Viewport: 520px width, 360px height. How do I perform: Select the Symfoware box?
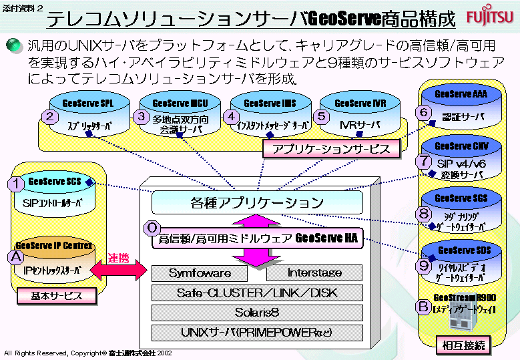coord(200,273)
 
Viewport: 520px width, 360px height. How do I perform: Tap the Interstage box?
coord(314,273)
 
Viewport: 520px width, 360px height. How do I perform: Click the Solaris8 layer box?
coord(256,313)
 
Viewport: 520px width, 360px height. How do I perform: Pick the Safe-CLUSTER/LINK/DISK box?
coord(256,293)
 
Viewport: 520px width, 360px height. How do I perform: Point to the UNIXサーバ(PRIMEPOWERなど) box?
coord(256,332)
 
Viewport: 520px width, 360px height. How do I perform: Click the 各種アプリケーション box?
coord(257,202)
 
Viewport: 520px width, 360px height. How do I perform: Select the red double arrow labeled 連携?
coord(117,270)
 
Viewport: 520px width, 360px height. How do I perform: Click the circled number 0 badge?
coord(152,228)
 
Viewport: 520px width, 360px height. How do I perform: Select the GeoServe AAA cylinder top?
coord(461,95)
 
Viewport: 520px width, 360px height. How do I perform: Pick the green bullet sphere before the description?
coord(14,45)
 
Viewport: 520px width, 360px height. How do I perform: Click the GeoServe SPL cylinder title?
coord(87,104)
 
